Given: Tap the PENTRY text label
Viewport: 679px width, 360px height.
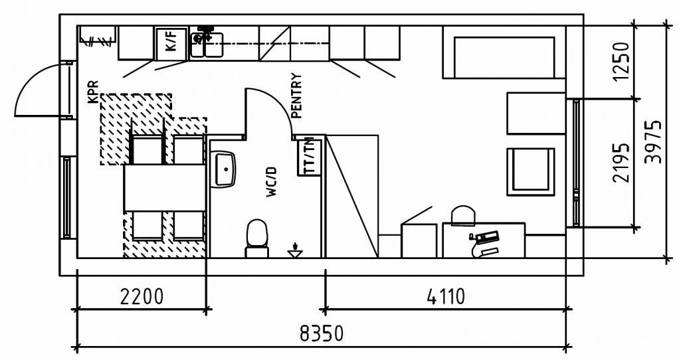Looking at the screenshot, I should [296, 96].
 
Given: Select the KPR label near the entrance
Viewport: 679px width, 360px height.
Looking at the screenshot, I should [92, 92].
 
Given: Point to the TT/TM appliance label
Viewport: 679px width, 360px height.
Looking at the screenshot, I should [309, 157].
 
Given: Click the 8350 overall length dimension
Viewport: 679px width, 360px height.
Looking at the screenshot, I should [322, 333].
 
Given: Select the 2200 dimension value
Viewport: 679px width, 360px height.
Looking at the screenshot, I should [142, 296].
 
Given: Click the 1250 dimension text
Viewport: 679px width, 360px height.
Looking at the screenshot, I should [621, 61].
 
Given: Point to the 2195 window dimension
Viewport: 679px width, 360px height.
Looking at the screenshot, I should [621, 163].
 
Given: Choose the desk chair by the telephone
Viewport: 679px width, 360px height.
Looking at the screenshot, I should [463, 216].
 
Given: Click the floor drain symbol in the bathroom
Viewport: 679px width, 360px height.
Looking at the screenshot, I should [295, 252].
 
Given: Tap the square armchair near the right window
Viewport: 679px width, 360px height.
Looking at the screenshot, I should [530, 171].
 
